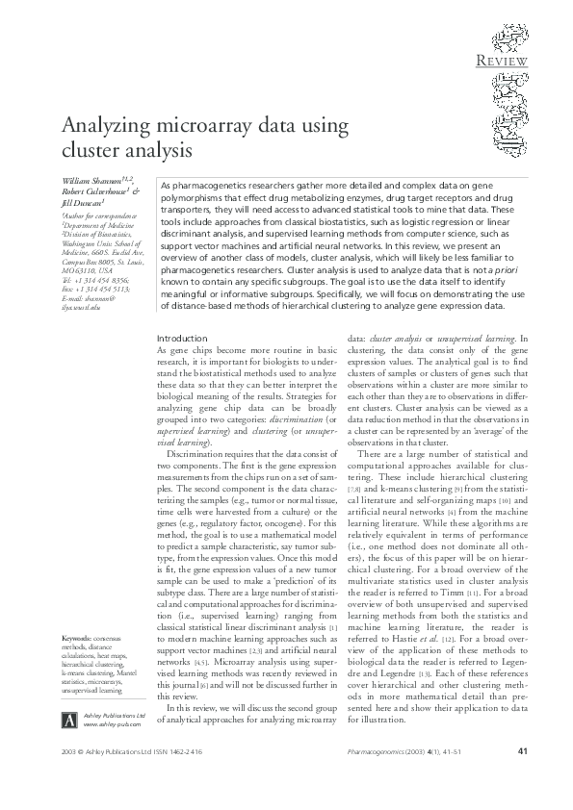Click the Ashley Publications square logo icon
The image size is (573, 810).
pos(68,721)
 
